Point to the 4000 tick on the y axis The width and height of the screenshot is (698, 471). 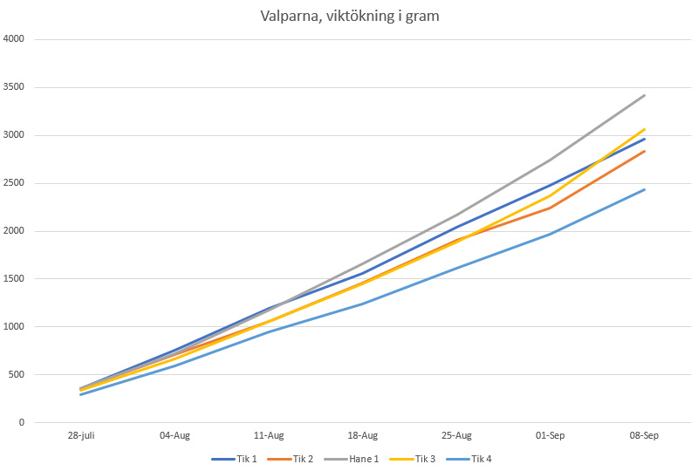[15, 39]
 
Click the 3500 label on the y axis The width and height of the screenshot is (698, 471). [15, 87]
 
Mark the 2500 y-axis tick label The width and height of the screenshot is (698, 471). [15, 183]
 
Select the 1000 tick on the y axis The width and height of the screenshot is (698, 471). [15, 327]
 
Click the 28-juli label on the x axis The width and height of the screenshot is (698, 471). [81, 435]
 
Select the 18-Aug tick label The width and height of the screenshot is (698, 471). [363, 435]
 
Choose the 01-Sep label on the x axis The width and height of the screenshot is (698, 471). [551, 435]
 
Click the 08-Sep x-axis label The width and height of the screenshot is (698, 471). [645, 435]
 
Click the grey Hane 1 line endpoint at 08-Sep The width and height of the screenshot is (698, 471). [645, 95]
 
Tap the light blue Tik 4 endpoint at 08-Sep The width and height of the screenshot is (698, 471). [645, 189]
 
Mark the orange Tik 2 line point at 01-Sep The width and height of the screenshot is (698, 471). [551, 208]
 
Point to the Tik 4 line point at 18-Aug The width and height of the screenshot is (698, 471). [363, 304]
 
